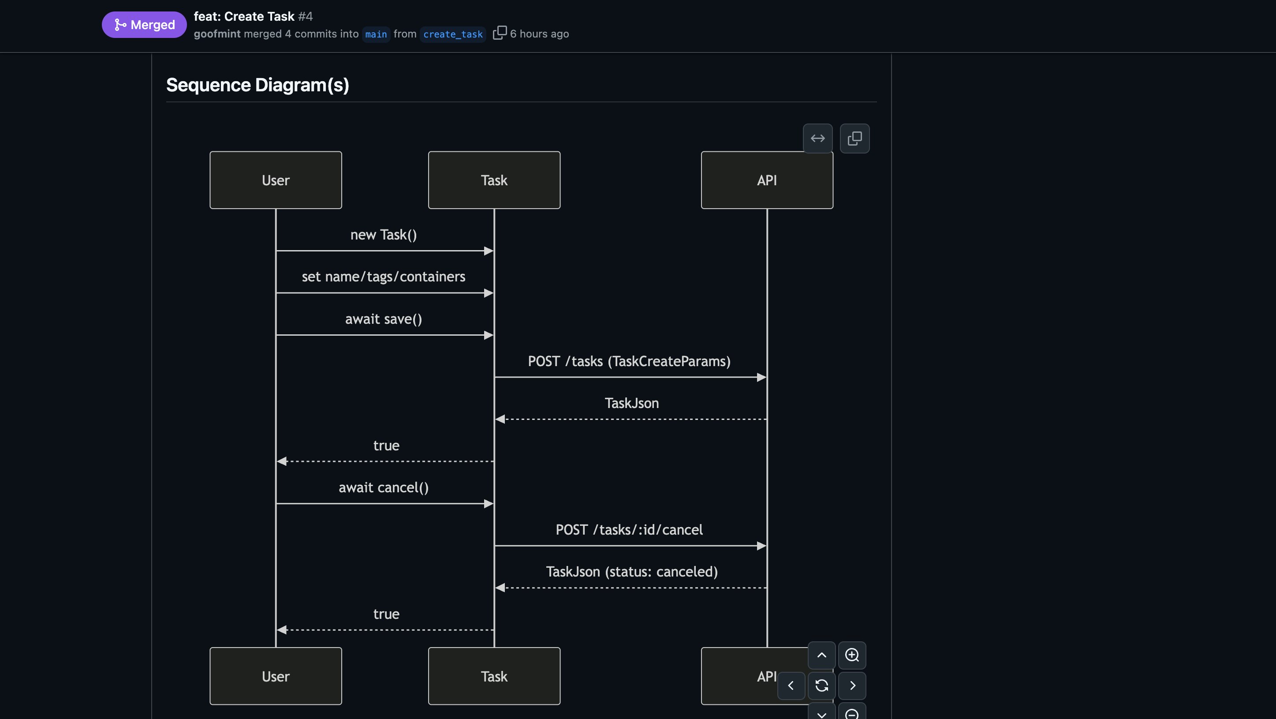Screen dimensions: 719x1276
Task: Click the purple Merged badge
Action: [x=144, y=25]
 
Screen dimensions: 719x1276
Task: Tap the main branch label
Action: [x=376, y=34]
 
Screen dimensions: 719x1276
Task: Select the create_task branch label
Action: [x=452, y=34]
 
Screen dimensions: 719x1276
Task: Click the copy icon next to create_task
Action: [x=499, y=33]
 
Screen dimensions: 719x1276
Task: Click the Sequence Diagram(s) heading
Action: [x=257, y=85]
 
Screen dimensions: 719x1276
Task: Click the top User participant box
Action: [x=276, y=180]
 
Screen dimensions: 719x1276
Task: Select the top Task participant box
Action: [x=494, y=180]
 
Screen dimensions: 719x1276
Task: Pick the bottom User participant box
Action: [x=276, y=676]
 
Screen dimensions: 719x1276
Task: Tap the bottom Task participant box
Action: [x=494, y=676]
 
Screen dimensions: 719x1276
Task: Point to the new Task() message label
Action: [x=384, y=235]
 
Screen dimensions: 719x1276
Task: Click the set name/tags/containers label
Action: [x=384, y=277]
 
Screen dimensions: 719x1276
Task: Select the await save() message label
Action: [x=384, y=319]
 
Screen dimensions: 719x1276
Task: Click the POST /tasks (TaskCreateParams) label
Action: [x=629, y=362]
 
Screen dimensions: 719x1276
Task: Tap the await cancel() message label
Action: [x=384, y=487]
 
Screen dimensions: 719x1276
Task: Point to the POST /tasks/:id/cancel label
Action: [x=629, y=530]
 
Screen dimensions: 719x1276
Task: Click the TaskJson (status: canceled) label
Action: [x=631, y=572]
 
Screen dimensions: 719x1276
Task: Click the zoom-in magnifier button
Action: [x=851, y=655]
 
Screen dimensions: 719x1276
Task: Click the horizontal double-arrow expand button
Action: [x=817, y=138]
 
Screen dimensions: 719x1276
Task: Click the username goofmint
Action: [x=216, y=34]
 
